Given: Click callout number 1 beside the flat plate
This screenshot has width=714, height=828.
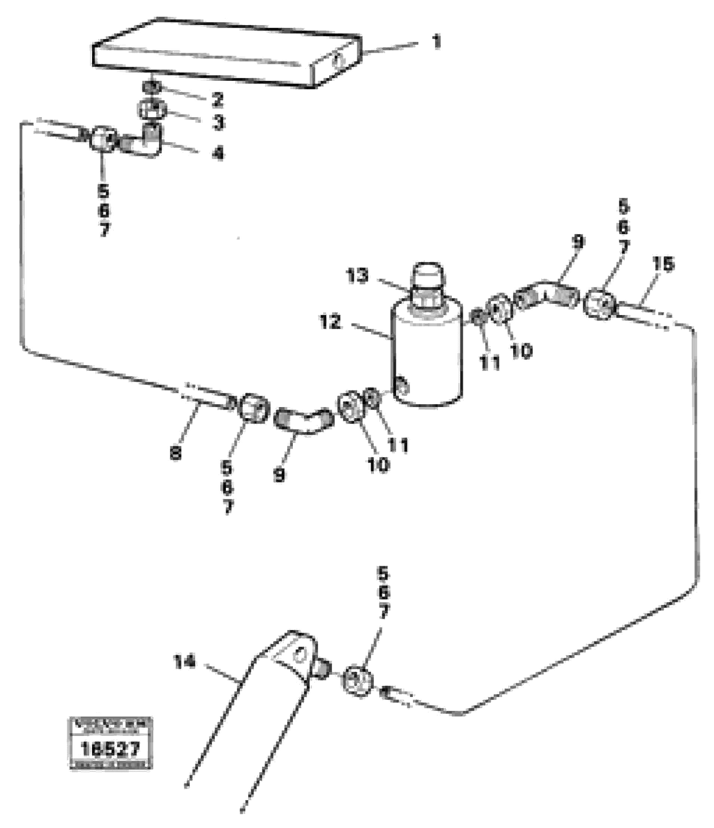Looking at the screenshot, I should [437, 41].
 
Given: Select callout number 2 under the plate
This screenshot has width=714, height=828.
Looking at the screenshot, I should [217, 99].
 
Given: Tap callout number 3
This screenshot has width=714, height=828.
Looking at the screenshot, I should [218, 123].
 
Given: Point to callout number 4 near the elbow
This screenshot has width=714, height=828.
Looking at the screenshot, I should [218, 153].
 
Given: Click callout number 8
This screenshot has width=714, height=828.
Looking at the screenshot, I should [175, 453].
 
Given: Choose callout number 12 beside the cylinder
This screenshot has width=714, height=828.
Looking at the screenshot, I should [330, 322].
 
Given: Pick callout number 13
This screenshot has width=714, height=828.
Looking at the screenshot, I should [357, 276].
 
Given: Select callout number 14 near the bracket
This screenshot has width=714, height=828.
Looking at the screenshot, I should [185, 662].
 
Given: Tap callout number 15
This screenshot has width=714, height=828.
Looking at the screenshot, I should [663, 264].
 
